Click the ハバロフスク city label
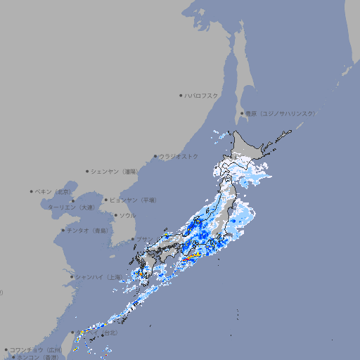click(x=201, y=95)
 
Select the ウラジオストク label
click(x=179, y=156)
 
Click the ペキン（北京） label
click(x=54, y=191)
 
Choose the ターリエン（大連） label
click(x=71, y=207)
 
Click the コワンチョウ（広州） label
click(x=36, y=349)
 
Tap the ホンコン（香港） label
click(x=38, y=357)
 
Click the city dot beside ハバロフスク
click(x=181, y=95)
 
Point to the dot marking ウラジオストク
click(x=155, y=156)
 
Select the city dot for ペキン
click(x=32, y=191)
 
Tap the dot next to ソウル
click(x=115, y=216)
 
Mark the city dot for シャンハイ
click(x=72, y=277)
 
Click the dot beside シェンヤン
click(x=87, y=171)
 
